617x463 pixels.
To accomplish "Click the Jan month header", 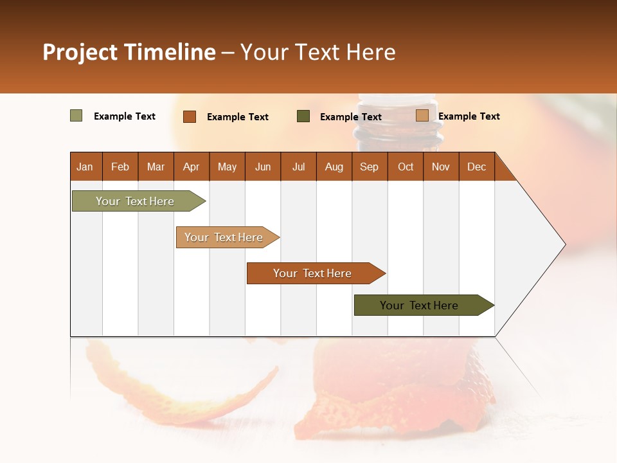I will pyautogui.click(x=85, y=167).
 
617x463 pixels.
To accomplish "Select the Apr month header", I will pyautogui.click(x=191, y=167).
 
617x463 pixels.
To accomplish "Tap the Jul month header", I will pyautogui.click(x=298, y=167).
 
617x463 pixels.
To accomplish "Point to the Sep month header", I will pyautogui.click(x=369, y=167).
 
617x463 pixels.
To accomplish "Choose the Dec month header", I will pyautogui.click(x=476, y=167).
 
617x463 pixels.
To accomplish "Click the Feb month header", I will pyautogui.click(x=120, y=167).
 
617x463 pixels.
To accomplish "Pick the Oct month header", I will pyautogui.click(x=406, y=167).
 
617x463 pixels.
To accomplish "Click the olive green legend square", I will pyautogui.click(x=76, y=116).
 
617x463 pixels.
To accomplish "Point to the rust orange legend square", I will pyautogui.click(x=189, y=116).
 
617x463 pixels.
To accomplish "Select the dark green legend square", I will pyautogui.click(x=303, y=116).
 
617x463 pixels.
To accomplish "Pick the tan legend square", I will pyautogui.click(x=422, y=116).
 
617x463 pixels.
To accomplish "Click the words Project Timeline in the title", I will pyautogui.click(x=129, y=52).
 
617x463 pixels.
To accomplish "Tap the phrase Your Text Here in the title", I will pyautogui.click(x=317, y=52).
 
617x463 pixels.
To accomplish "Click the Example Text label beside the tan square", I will pyautogui.click(x=469, y=116).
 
